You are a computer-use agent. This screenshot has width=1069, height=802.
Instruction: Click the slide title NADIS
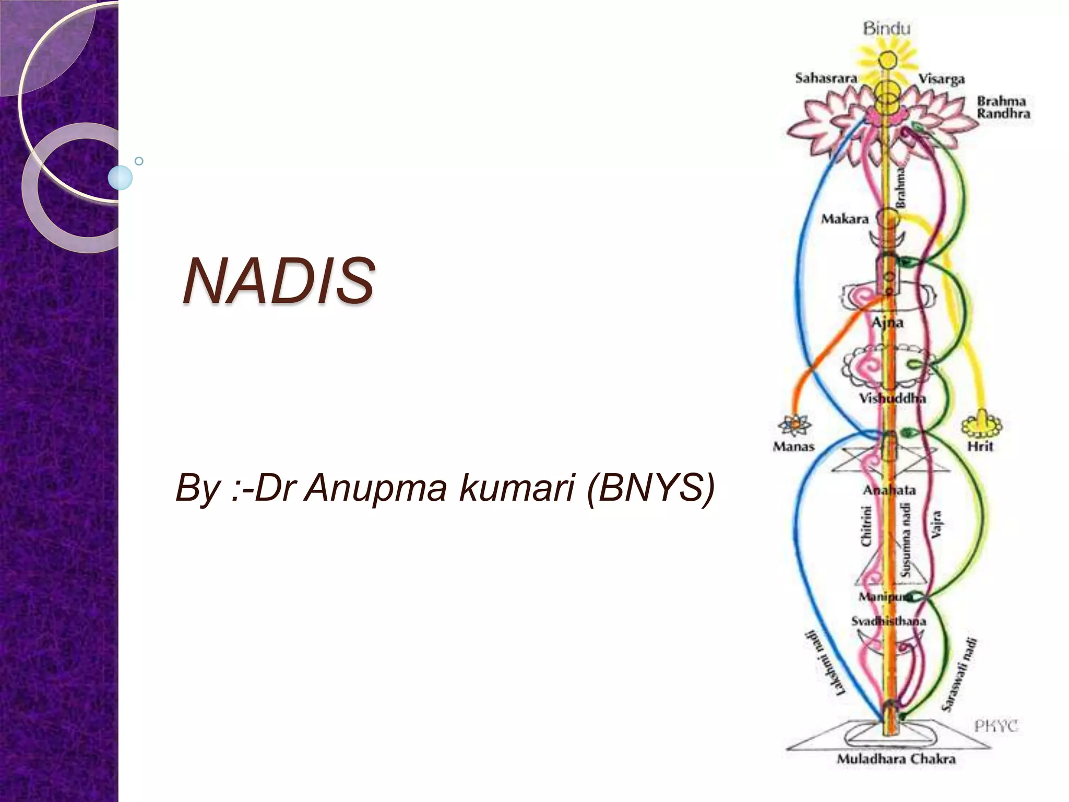[279, 281]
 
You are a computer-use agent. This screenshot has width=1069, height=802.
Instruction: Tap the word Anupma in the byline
[375, 488]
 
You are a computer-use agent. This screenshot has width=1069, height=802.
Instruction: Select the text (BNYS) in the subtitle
[650, 488]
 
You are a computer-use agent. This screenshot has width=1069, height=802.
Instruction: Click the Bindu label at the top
[886, 28]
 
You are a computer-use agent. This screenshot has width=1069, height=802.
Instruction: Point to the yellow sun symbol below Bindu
[886, 61]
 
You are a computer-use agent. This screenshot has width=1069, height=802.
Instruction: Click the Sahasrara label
[826, 78]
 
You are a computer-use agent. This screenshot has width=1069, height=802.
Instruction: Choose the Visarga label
[941, 79]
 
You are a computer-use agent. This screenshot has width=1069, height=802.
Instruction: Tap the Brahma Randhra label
[1003, 107]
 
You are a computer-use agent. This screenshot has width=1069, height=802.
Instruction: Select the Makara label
[845, 219]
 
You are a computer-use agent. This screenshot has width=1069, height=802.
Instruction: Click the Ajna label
[887, 322]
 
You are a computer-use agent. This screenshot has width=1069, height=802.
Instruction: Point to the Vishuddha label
[893, 398]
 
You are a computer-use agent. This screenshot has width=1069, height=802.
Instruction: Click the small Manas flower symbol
[794, 424]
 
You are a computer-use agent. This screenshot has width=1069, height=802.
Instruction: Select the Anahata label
[889, 490]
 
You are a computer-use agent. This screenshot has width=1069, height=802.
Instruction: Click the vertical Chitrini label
[866, 526]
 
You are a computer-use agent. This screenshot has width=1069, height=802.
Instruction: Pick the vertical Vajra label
[936, 524]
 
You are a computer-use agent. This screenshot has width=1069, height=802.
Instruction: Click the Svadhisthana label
[888, 621]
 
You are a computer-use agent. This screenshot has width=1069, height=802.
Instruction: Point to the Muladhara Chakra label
[896, 759]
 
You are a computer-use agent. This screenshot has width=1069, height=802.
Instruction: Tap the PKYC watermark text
[996, 726]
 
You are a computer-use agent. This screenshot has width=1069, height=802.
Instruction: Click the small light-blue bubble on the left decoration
[121, 178]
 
